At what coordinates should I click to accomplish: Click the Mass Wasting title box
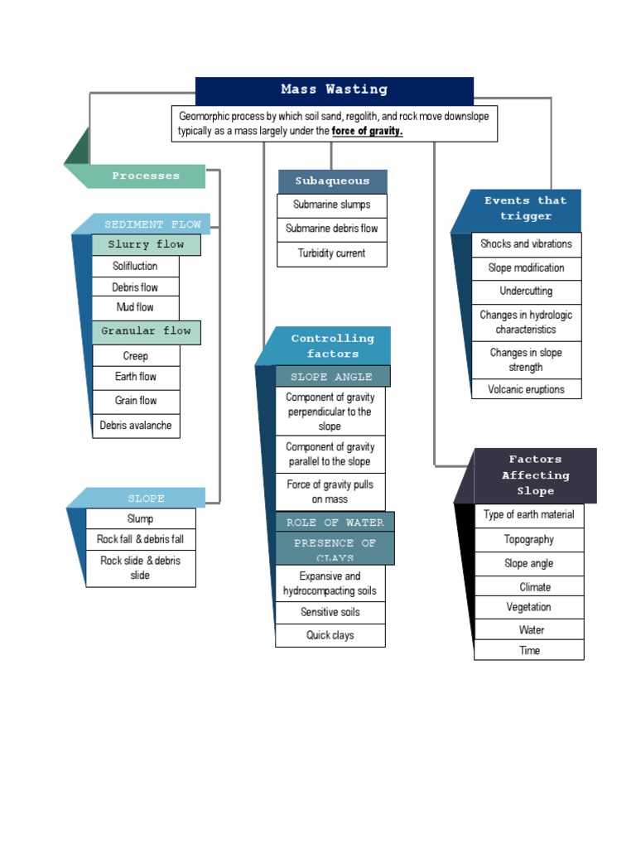(334, 90)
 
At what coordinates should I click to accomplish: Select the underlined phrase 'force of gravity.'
(367, 132)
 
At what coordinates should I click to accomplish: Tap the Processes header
(146, 176)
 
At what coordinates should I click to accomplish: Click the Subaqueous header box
(332, 181)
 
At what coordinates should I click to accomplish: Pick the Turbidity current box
(331, 253)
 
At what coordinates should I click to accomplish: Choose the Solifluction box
(135, 266)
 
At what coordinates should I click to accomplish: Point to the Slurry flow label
(146, 244)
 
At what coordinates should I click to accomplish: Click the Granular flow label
(146, 331)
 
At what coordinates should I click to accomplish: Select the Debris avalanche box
(136, 426)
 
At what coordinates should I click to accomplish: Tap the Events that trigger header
(525, 209)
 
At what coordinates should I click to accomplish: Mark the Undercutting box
(526, 291)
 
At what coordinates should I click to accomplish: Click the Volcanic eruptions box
(526, 389)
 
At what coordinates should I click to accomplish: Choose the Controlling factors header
(332, 346)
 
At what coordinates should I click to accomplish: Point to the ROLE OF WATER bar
(335, 523)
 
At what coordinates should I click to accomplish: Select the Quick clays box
(330, 635)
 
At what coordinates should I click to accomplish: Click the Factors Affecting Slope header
(535, 475)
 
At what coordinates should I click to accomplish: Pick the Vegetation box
(528, 607)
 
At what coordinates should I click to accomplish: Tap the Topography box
(528, 539)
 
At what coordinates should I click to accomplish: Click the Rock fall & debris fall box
(141, 539)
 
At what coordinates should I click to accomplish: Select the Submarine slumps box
(331, 205)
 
